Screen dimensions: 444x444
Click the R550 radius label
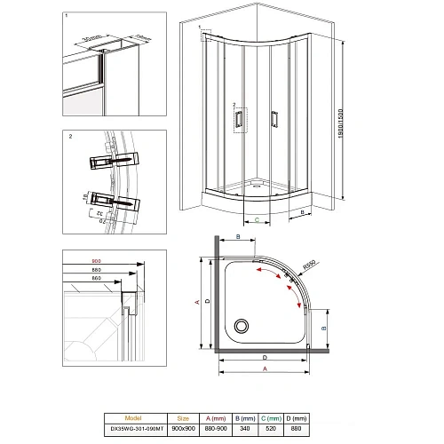[308, 265]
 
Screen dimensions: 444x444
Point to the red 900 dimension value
[97, 261]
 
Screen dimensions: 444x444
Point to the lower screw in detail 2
[114, 201]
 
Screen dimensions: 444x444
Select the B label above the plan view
[237, 237]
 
